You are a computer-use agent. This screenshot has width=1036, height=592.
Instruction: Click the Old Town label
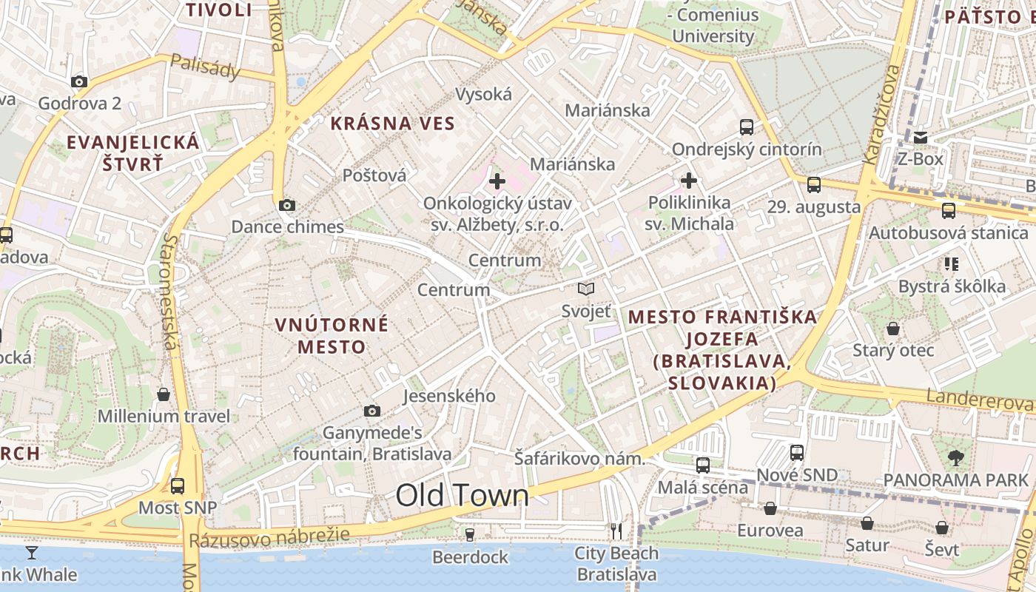(x=462, y=495)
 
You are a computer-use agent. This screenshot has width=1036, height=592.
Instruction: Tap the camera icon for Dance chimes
(x=286, y=206)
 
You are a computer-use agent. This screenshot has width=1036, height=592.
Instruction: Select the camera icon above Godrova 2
(x=79, y=81)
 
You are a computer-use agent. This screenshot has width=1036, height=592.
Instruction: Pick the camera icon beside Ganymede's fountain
(x=372, y=411)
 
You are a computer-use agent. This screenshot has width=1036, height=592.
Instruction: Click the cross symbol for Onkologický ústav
(x=497, y=181)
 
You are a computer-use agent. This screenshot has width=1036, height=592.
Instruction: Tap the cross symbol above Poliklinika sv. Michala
(x=689, y=180)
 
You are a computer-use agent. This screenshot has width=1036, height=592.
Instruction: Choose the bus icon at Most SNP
(x=178, y=486)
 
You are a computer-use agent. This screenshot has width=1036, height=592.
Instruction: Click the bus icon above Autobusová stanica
(x=949, y=211)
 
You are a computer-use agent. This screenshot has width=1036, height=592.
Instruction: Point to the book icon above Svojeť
(x=586, y=289)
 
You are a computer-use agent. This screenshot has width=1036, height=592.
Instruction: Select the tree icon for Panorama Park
(x=956, y=458)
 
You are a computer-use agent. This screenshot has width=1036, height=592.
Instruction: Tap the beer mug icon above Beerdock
(x=469, y=534)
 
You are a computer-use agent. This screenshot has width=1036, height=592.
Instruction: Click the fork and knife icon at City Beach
(x=616, y=531)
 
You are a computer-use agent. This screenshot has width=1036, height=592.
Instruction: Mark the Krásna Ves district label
(x=392, y=124)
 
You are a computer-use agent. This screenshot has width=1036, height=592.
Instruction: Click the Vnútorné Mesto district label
(x=332, y=335)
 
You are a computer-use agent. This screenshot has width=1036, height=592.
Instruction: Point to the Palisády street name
(x=206, y=67)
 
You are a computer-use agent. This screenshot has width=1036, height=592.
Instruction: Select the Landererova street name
(x=980, y=400)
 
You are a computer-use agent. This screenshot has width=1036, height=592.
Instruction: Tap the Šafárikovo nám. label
(x=579, y=460)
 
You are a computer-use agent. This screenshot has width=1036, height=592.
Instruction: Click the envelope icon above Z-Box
(x=921, y=138)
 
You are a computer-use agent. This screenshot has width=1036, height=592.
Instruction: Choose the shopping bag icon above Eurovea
(x=770, y=508)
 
